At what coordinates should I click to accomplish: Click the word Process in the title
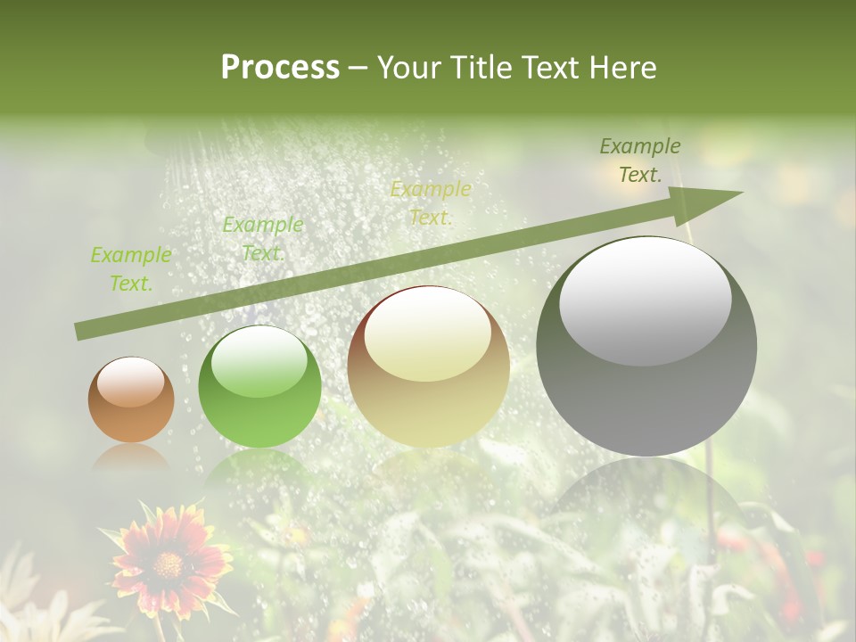[x=280, y=68]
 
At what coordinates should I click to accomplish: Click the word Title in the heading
[x=477, y=68]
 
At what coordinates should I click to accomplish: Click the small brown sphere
[x=131, y=399]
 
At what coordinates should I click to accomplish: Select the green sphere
[x=259, y=386]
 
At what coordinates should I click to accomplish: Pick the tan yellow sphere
[x=428, y=366]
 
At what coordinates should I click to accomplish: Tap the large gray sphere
[x=646, y=346]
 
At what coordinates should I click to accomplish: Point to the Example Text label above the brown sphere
[x=131, y=268]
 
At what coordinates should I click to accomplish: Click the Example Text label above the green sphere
[x=263, y=238]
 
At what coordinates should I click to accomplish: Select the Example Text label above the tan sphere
[x=431, y=202]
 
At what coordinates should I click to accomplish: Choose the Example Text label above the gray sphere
[x=640, y=160]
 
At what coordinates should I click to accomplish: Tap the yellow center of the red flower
[x=167, y=564]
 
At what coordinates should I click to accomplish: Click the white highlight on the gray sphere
[x=646, y=300]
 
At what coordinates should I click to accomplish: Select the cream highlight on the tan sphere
[x=428, y=333]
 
